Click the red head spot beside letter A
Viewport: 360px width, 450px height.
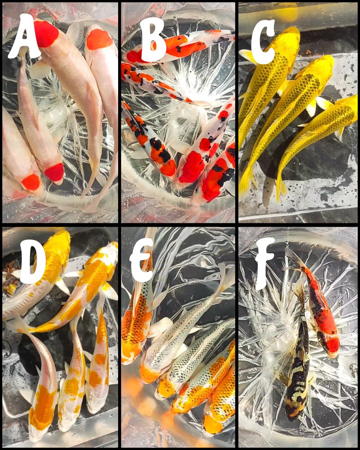pyautogui.click(x=46, y=33)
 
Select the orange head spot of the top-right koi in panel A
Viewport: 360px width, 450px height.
pyautogui.click(x=99, y=39)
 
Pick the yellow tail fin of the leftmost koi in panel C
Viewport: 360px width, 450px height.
pyautogui.click(x=246, y=183)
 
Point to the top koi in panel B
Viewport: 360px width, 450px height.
pyautogui.click(x=179, y=46)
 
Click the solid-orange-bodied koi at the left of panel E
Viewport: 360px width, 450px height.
pyautogui.click(x=135, y=327)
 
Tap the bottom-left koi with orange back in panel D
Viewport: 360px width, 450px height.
pyautogui.click(x=42, y=404)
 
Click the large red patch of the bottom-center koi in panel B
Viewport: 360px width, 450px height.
pyautogui.click(x=192, y=167)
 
